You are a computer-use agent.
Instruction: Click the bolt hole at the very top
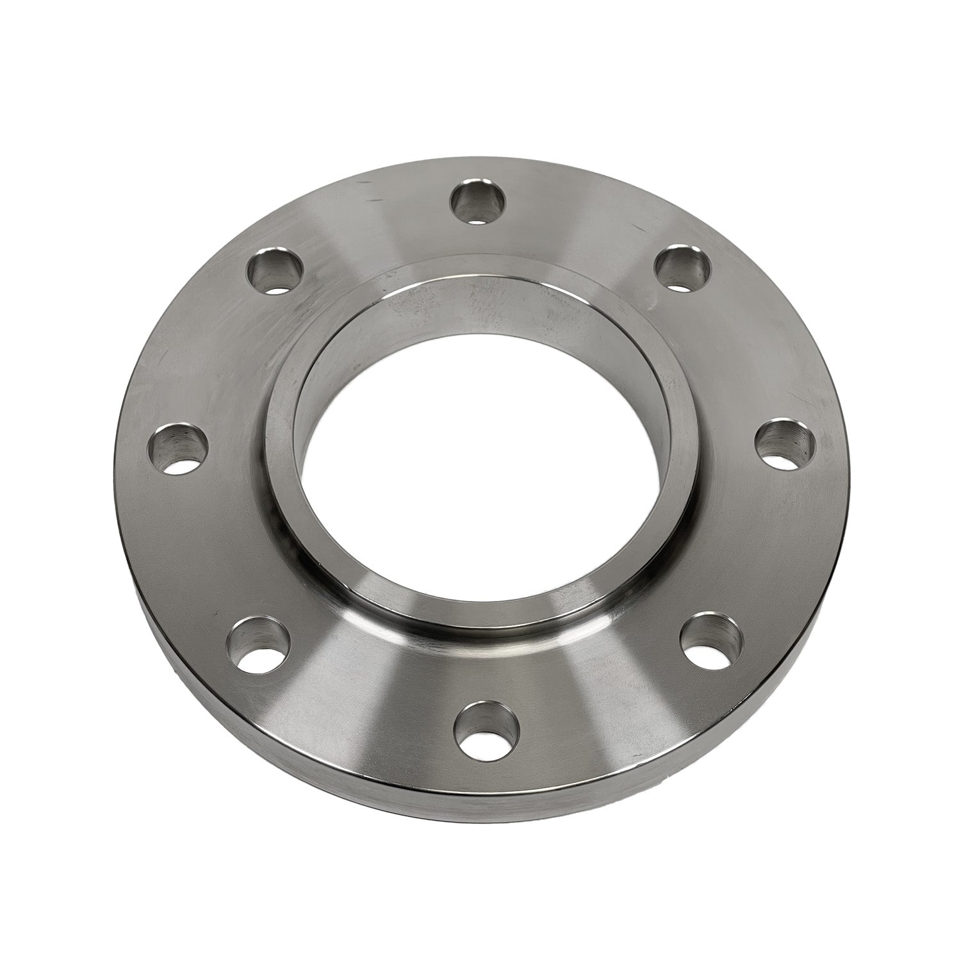pyautogui.click(x=478, y=202)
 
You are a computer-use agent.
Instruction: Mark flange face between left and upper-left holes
pyautogui.click(x=211, y=352)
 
